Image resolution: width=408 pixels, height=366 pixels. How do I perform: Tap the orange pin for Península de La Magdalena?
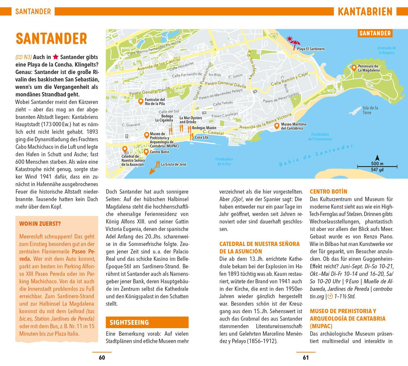pyautogui.click(x=354, y=67)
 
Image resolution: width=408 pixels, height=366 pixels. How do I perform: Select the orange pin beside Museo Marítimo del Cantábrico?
pyautogui.click(x=277, y=126)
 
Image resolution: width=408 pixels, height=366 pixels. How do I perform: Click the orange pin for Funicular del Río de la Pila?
pyautogui.click(x=141, y=101)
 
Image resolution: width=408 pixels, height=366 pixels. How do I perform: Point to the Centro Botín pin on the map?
pyautogui.click(x=146, y=151)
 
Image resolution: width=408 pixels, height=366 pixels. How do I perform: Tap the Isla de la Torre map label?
pyautogui.click(x=370, y=110)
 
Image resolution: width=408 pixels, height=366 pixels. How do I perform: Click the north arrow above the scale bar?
pyautogui.click(x=377, y=158)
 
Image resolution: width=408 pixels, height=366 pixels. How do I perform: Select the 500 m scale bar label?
pyautogui.click(x=377, y=164)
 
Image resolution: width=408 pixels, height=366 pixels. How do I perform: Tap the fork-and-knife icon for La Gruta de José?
pyautogui.click(x=158, y=164)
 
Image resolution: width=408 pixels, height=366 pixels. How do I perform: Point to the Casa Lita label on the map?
pyautogui.click(x=202, y=137)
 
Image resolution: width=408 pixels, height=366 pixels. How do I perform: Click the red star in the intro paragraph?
pyautogui.click(x=55, y=57)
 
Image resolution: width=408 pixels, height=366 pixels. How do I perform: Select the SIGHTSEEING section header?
pyautogui.click(x=147, y=322)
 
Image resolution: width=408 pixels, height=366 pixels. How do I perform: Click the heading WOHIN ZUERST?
pyautogui.click(x=40, y=224)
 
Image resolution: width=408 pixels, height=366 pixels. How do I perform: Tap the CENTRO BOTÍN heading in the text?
pyautogui.click(x=328, y=191)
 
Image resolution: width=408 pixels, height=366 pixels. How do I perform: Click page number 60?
pyautogui.click(x=102, y=358)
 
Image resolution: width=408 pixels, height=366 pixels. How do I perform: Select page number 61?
pyautogui.click(x=306, y=358)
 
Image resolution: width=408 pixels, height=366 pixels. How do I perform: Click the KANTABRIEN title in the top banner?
pyautogui.click(x=365, y=12)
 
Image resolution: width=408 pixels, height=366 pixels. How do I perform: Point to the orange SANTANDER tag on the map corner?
pyautogui.click(x=375, y=33)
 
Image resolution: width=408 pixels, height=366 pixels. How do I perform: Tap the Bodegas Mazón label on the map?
pyautogui.click(x=204, y=128)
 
